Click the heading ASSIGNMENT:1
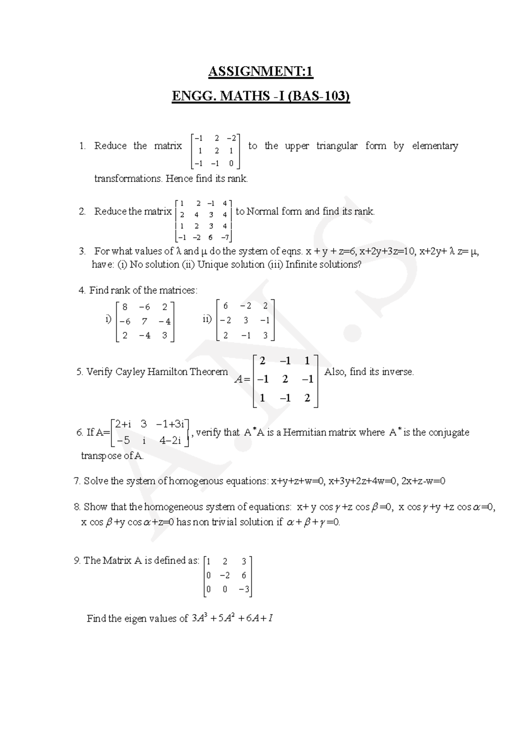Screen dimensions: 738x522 tap(261, 71)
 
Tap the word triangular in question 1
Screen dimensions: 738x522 tap(337, 146)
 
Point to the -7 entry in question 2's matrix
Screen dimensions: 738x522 tap(224, 238)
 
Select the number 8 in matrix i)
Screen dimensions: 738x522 tap(125, 307)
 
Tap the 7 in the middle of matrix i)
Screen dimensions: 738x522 tap(144, 322)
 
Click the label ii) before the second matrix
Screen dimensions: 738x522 tap(207, 320)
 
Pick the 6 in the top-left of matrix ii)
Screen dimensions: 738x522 tap(225, 306)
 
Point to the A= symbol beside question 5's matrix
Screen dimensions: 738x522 tap(242, 379)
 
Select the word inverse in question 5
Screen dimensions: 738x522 tap(398, 372)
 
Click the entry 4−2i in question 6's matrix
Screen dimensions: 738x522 tap(170, 440)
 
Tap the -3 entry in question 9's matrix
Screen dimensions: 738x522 tap(244, 590)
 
